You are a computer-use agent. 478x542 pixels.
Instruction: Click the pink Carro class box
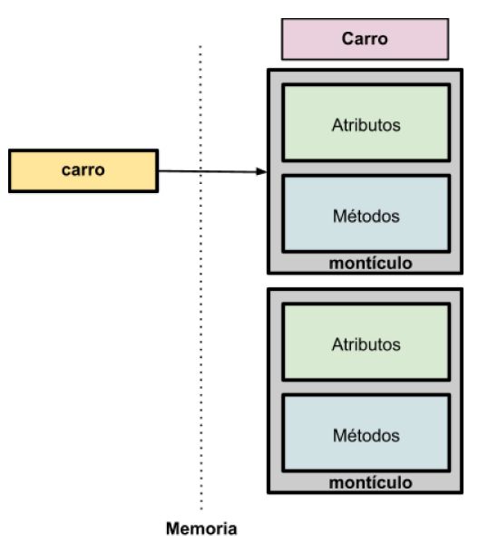pyautogui.click(x=365, y=40)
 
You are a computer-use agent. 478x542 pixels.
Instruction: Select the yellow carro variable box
pyautogui.click(x=83, y=170)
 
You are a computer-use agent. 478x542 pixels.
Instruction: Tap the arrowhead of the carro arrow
pyautogui.click(x=262, y=171)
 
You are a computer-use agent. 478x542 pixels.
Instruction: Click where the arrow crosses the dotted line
pyautogui.click(x=200, y=171)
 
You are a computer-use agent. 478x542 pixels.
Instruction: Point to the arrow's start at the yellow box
pyautogui.click(x=161, y=170)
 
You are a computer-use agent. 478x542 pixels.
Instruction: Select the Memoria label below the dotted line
pyautogui.click(x=201, y=527)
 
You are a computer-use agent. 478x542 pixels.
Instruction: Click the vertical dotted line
pyautogui.click(x=200, y=363)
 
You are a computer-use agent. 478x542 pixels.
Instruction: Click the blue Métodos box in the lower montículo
pyautogui.click(x=366, y=433)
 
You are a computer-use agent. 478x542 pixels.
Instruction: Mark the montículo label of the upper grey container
pyautogui.click(x=370, y=263)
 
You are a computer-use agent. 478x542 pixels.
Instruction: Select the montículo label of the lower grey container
pyautogui.click(x=370, y=482)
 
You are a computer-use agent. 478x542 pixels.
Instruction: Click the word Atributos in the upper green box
pyautogui.click(x=366, y=124)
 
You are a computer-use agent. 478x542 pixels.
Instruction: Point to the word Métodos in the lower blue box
pyautogui.click(x=366, y=435)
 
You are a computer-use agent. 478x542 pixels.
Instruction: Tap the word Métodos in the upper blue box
pyautogui.click(x=366, y=216)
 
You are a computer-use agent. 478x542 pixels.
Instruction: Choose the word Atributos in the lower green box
pyautogui.click(x=366, y=344)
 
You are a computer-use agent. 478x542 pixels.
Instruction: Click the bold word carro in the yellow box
pyautogui.click(x=83, y=169)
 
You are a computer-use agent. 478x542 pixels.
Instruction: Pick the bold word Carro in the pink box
pyautogui.click(x=365, y=39)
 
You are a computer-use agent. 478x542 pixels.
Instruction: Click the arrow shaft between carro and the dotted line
pyautogui.click(x=180, y=170)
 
